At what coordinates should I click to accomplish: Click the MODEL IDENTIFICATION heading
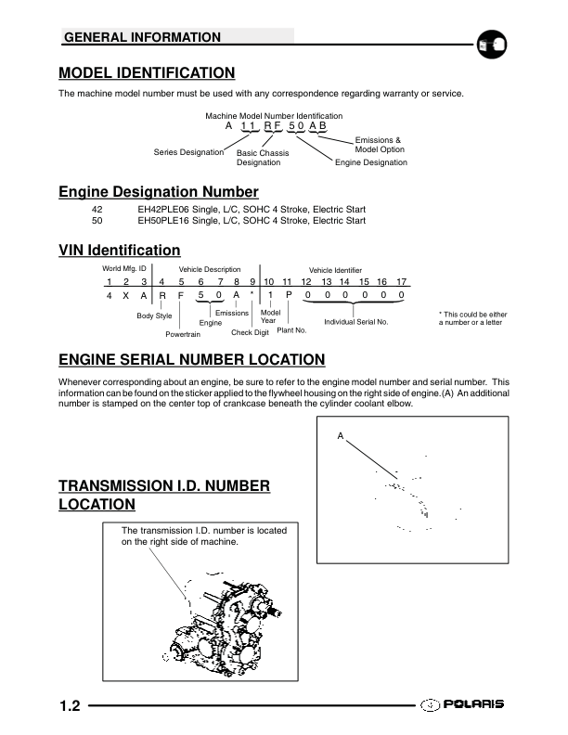pos(147,73)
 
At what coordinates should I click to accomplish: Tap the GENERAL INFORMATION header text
pos(141,38)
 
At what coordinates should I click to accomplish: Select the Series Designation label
pos(188,152)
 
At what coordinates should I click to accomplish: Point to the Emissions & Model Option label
pos(380,145)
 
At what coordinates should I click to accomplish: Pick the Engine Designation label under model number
pos(371,162)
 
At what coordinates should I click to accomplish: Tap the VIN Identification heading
pos(120,251)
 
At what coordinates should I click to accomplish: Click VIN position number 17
pos(401,281)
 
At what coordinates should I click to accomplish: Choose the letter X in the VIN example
pos(125,295)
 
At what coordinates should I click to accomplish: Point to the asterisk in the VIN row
pos(252,295)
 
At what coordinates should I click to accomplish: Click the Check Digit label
pos(250,332)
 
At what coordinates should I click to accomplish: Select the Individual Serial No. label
pos(355,321)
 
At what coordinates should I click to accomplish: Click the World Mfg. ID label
pos(124,269)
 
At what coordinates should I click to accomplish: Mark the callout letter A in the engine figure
pos(341,435)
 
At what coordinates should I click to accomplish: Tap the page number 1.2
pos(71,707)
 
